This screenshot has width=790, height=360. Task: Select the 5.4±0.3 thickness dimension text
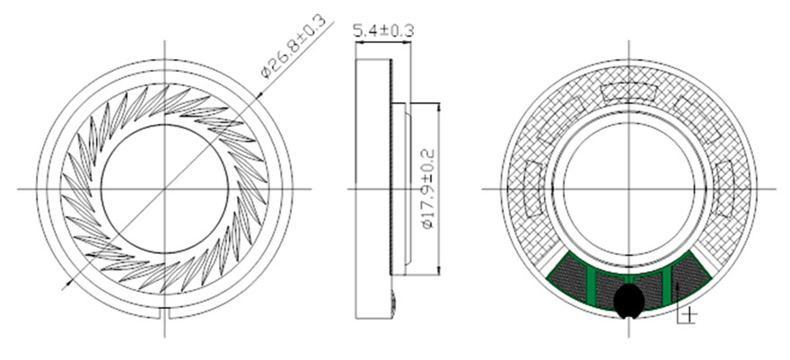point(383,31)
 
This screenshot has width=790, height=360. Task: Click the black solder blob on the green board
point(628,301)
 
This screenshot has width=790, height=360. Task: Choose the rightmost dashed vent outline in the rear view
point(724,189)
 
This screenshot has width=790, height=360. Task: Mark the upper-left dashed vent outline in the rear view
point(560,119)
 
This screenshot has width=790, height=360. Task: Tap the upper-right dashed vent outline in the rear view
point(698,119)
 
